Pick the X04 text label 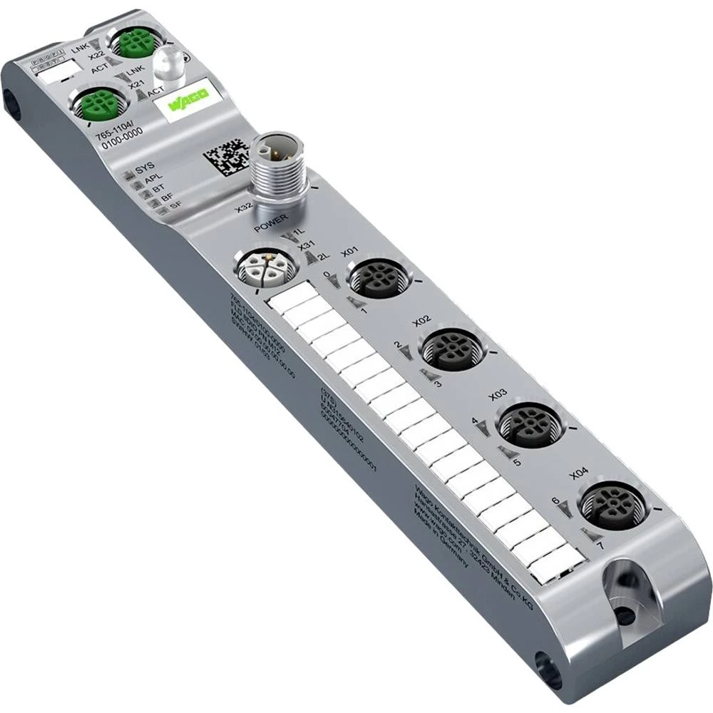pos(579,473)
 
